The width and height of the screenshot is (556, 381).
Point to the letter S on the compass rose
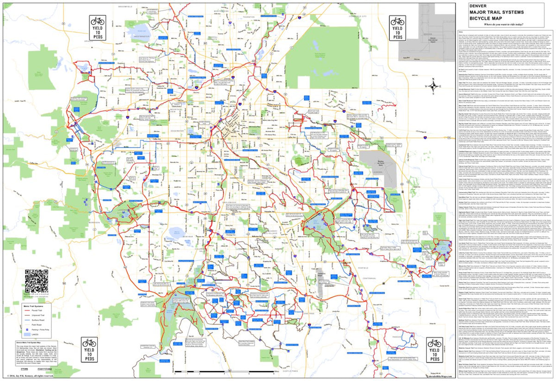click(x=433, y=95)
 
